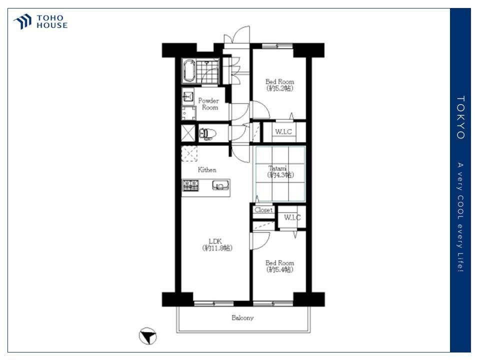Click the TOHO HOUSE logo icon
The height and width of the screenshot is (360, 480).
click(x=22, y=21)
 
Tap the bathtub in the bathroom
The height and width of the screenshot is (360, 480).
click(x=189, y=70)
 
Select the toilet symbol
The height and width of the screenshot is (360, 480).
click(x=207, y=134)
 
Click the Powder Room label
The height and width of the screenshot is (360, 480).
click(x=209, y=104)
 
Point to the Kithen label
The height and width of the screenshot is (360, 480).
click(x=207, y=169)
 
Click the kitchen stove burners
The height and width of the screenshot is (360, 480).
click(x=190, y=185)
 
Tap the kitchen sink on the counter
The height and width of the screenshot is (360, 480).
click(x=220, y=185)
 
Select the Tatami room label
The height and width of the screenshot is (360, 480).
click(x=280, y=171)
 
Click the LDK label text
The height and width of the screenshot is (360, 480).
click(x=217, y=244)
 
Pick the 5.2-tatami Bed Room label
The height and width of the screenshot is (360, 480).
click(x=280, y=85)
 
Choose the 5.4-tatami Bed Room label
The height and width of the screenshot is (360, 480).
click(x=280, y=266)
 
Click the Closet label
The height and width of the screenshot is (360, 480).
click(x=263, y=210)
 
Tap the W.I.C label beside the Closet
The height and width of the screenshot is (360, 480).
click(x=292, y=217)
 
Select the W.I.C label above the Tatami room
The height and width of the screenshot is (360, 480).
click(x=283, y=132)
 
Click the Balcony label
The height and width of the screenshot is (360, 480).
click(x=242, y=318)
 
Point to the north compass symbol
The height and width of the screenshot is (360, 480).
click(x=148, y=336)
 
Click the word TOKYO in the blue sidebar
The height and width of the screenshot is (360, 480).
click(x=460, y=117)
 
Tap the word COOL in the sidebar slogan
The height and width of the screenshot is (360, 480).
click(x=460, y=207)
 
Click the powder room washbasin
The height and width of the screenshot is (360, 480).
click(x=188, y=97)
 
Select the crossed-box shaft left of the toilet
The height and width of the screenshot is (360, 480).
click(x=188, y=133)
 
